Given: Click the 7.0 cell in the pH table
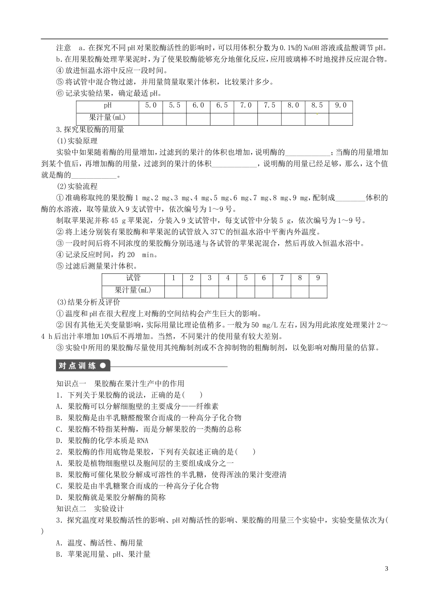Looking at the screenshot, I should (246, 105).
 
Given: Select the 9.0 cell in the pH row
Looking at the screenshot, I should (340, 105).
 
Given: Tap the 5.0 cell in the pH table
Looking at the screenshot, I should (151, 105).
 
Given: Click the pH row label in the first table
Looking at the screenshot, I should (107, 105).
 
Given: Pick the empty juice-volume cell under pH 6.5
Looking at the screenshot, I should (222, 118).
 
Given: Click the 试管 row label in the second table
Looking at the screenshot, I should (133, 278).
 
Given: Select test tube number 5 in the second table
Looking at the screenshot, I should (246, 278).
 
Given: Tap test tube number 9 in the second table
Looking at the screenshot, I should (318, 278).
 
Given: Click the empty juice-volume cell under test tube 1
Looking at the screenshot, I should (173, 290).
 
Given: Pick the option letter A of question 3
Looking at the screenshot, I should (59, 543).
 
